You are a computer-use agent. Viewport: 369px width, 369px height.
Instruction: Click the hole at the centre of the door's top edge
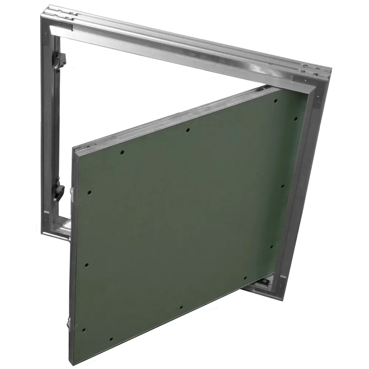[x=188, y=130]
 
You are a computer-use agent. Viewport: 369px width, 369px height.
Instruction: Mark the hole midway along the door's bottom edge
[x=180, y=307]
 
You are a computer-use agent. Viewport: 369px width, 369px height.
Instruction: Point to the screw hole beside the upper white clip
[x=89, y=192]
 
